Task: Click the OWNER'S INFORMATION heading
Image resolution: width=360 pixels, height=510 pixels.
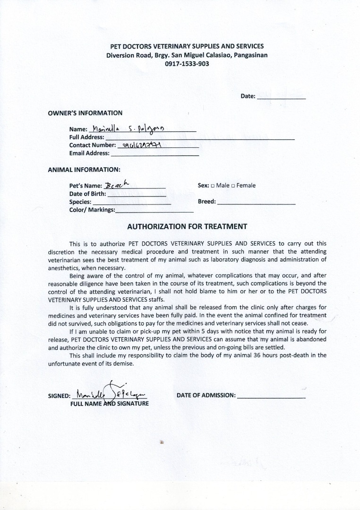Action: [x=85, y=113]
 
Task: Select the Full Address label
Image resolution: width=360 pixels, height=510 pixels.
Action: [x=86, y=137]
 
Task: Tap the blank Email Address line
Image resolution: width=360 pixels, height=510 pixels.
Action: [x=154, y=153]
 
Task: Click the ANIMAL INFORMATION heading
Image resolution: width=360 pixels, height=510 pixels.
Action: [x=84, y=169]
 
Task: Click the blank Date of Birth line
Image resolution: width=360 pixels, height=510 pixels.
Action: [x=137, y=194]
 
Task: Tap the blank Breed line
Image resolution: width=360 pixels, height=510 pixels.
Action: [x=256, y=202]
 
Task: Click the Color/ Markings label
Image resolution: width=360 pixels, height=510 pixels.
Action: [x=92, y=210]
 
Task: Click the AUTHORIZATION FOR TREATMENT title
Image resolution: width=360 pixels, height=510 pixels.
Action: [x=187, y=227]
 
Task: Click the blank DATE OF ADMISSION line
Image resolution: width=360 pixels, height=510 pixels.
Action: [x=271, y=396]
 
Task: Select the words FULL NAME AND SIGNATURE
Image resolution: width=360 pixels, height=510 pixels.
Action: [x=110, y=404]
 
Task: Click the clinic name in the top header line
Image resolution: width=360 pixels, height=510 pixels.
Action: [x=187, y=46]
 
